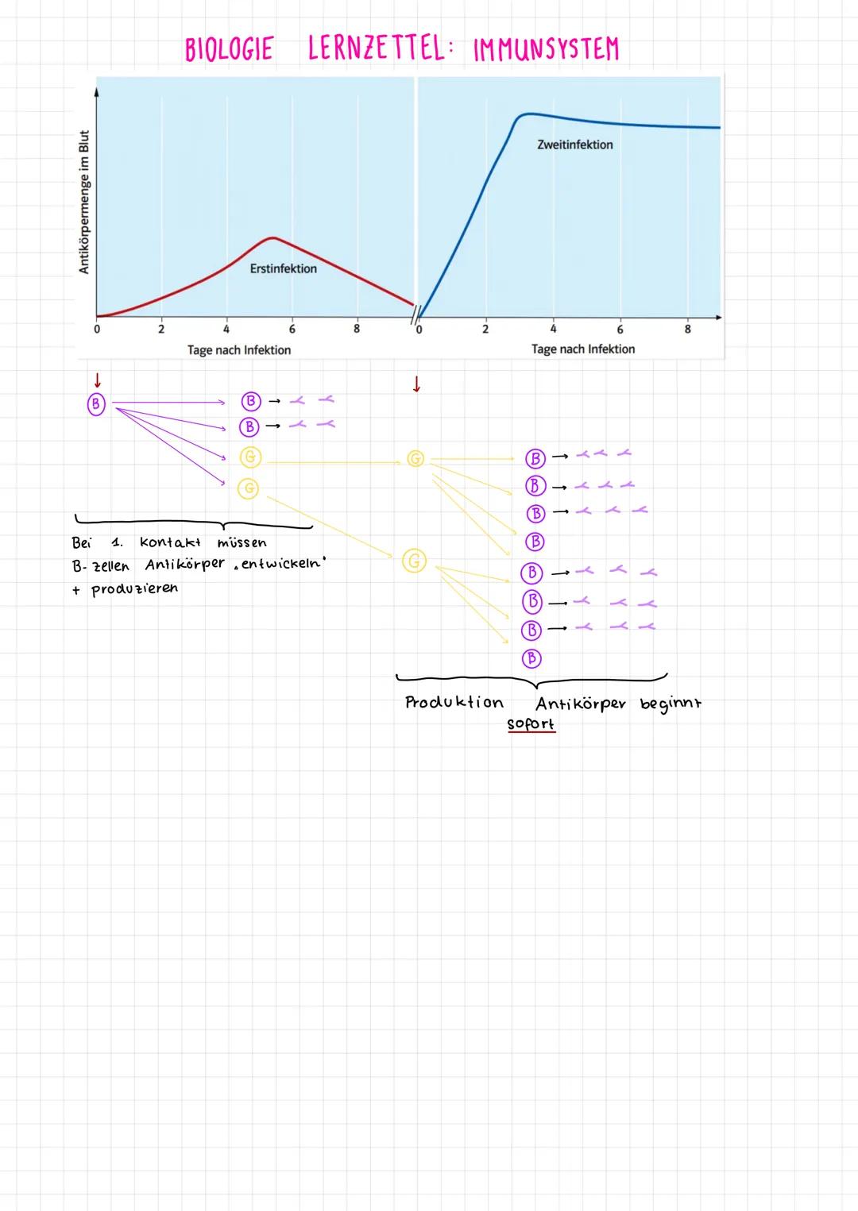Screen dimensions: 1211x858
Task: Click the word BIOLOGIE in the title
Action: [x=229, y=49]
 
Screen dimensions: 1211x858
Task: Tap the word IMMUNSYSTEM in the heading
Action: [x=546, y=50]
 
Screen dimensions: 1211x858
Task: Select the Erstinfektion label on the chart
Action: [x=283, y=269]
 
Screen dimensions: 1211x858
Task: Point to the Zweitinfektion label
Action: [x=574, y=145]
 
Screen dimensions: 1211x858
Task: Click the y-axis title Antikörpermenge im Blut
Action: [x=84, y=202]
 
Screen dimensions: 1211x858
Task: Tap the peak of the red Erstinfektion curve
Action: [x=272, y=237]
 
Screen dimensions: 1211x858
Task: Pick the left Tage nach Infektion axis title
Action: [x=238, y=350]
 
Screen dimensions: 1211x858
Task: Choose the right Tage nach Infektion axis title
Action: [x=582, y=349]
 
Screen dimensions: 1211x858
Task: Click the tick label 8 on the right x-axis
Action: [x=687, y=329]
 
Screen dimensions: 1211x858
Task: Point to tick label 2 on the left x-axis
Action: [x=160, y=329]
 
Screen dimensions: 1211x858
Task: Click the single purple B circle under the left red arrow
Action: [x=95, y=404]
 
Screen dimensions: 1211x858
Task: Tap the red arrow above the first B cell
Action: [x=97, y=380]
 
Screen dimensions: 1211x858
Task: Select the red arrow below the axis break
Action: [x=415, y=385]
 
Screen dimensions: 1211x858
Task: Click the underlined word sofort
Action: [x=531, y=724]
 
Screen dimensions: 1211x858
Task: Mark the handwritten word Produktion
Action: [x=454, y=703]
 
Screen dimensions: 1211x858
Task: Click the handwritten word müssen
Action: [x=242, y=543]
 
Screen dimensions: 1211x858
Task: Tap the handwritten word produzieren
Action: [x=134, y=589]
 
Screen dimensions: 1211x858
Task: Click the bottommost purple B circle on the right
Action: [x=531, y=658]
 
